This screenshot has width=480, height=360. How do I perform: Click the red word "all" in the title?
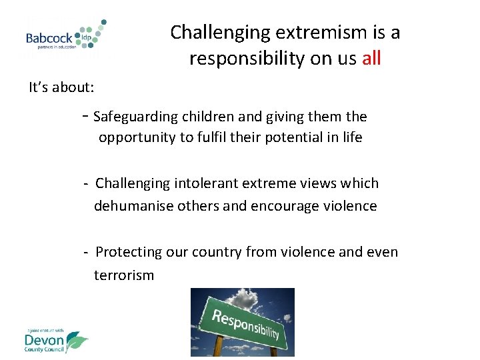(x=371, y=59)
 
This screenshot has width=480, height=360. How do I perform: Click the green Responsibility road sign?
(x=243, y=323)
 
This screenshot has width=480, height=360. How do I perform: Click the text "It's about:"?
(x=61, y=87)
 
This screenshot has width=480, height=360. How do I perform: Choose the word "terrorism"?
(x=124, y=275)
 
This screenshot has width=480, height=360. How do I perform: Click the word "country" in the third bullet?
(x=217, y=252)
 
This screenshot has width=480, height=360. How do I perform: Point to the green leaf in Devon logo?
(x=77, y=341)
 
